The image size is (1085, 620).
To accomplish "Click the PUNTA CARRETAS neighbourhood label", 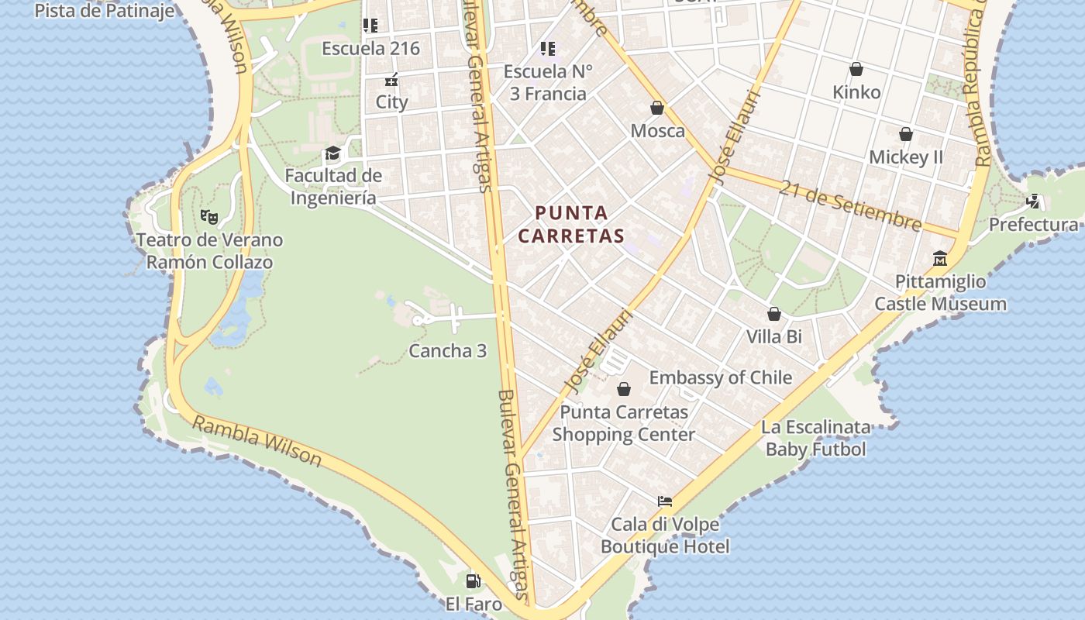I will click(x=571, y=224).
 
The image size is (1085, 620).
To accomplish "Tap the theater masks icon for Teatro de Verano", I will click(x=208, y=217).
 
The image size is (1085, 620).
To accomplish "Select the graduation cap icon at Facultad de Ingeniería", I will click(x=332, y=153).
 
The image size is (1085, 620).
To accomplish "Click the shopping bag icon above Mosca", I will click(x=657, y=108).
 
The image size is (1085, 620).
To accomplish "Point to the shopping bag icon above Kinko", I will click(x=856, y=69).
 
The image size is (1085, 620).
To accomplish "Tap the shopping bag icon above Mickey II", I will click(x=905, y=134).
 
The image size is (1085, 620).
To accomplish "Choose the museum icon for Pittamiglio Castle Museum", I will click(x=940, y=258).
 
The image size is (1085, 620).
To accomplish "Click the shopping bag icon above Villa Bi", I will click(x=773, y=314).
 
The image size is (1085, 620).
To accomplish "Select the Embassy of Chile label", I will click(x=721, y=377).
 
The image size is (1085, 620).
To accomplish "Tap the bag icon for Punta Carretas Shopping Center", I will click(x=624, y=389).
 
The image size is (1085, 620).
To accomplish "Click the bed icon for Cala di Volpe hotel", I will click(x=665, y=501).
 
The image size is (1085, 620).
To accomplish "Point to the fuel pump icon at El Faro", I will click(x=473, y=580).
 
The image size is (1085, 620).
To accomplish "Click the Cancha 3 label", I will click(x=447, y=351).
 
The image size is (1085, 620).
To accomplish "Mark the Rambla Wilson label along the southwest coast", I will click(x=257, y=441).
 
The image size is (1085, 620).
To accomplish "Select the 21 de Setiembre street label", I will click(x=851, y=205).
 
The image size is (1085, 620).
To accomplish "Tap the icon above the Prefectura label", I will click(x=1033, y=201).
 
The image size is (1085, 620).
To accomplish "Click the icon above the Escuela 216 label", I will click(x=370, y=26).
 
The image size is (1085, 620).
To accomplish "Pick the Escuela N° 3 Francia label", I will click(x=548, y=82).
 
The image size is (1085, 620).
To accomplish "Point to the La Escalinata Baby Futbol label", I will click(x=815, y=438).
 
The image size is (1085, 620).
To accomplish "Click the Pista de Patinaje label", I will click(x=105, y=11).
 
